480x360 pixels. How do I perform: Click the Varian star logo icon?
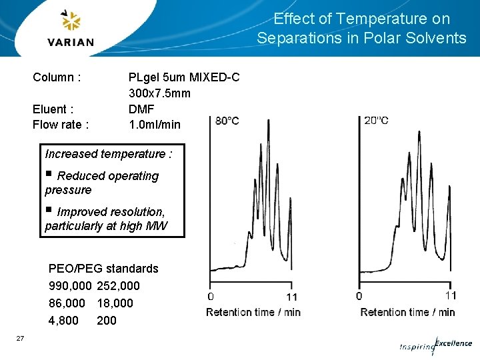click(71, 21)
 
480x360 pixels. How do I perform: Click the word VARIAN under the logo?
click(71, 43)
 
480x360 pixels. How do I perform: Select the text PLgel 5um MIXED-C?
click(183, 77)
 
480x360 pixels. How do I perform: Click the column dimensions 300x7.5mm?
click(159, 93)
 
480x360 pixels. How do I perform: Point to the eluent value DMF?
click(141, 109)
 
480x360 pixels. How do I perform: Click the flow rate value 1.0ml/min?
click(154, 125)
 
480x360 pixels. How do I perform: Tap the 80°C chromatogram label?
click(227, 121)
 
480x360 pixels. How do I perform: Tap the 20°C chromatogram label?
click(377, 121)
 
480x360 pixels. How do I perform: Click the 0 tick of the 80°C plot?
click(211, 296)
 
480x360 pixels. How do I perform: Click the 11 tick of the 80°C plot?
click(291, 296)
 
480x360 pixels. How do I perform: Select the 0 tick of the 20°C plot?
click(359, 295)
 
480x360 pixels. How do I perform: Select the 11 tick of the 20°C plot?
click(451, 295)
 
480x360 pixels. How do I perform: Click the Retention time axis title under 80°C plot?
click(253, 312)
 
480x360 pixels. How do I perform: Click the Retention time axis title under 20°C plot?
click(407, 312)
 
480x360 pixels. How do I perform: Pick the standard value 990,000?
click(71, 286)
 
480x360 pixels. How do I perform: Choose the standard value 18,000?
click(115, 303)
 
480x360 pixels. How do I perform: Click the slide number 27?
click(20, 339)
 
